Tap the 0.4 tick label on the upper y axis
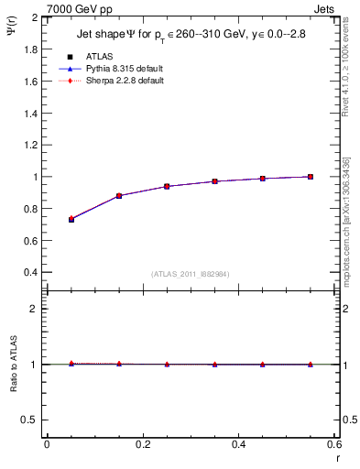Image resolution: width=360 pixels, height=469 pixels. point(33,272)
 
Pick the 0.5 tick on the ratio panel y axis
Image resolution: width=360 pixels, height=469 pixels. point(33,420)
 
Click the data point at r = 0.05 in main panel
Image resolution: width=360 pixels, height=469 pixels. point(71,219)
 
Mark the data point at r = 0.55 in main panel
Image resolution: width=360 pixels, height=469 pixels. point(311,177)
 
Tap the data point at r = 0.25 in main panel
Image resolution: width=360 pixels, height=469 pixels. point(167,186)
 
